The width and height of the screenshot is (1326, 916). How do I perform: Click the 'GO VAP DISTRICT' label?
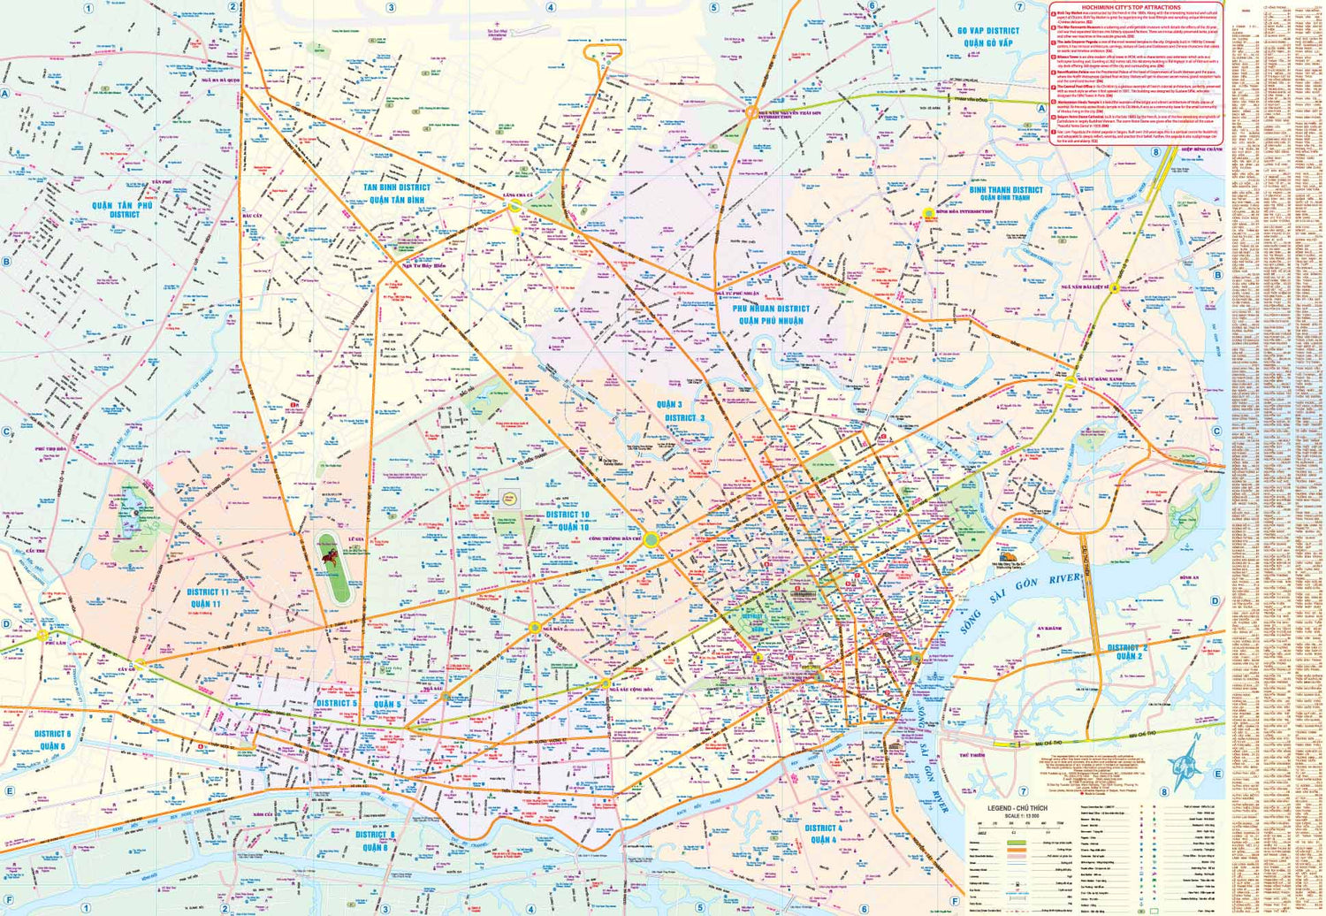click(987, 31)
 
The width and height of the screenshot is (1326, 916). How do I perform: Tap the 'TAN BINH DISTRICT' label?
click(397, 187)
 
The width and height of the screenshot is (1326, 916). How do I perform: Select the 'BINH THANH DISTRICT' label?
click(1005, 190)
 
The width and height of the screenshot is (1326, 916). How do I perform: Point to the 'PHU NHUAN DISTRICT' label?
click(771, 309)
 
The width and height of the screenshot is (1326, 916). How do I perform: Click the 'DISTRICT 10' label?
click(567, 515)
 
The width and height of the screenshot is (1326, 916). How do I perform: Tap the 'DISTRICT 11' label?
click(208, 592)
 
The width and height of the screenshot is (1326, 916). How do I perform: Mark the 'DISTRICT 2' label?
click(1128, 648)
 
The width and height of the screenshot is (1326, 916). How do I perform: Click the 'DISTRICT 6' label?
click(52, 734)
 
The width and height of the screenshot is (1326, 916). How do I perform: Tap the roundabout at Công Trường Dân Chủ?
click(651, 539)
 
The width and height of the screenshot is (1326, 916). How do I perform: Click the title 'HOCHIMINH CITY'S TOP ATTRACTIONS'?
click(1136, 7)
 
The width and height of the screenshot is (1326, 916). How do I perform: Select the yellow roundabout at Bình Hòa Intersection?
click(928, 213)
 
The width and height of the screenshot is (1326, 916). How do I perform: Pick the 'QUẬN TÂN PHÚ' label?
click(122, 205)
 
